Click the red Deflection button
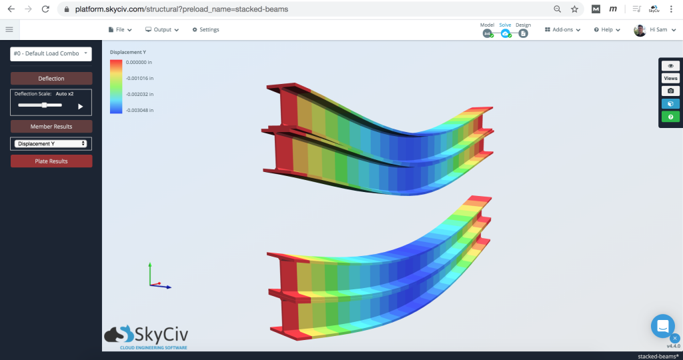[x=51, y=79]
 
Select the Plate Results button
[x=51, y=161]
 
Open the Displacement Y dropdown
[x=51, y=143]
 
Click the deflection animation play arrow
[x=81, y=106]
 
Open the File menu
[x=120, y=29]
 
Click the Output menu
[x=162, y=29]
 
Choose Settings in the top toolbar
[x=205, y=29]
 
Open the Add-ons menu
[x=562, y=29]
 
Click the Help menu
[x=607, y=29]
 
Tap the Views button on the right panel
[x=670, y=78]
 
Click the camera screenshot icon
[x=670, y=91]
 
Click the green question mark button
[x=670, y=117]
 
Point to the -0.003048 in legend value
[x=139, y=110]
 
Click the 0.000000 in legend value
[x=139, y=61]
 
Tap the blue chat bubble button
[x=663, y=326]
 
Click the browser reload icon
[x=45, y=9]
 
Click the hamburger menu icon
[x=9, y=29]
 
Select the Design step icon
[x=523, y=33]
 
